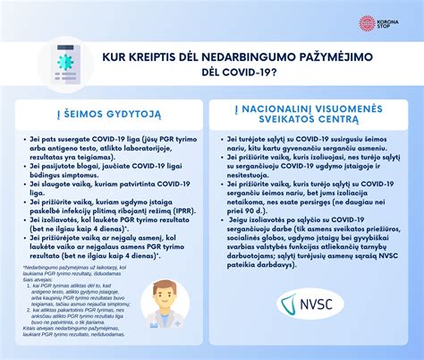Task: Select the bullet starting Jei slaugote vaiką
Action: pyautogui.click(x=108, y=187)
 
